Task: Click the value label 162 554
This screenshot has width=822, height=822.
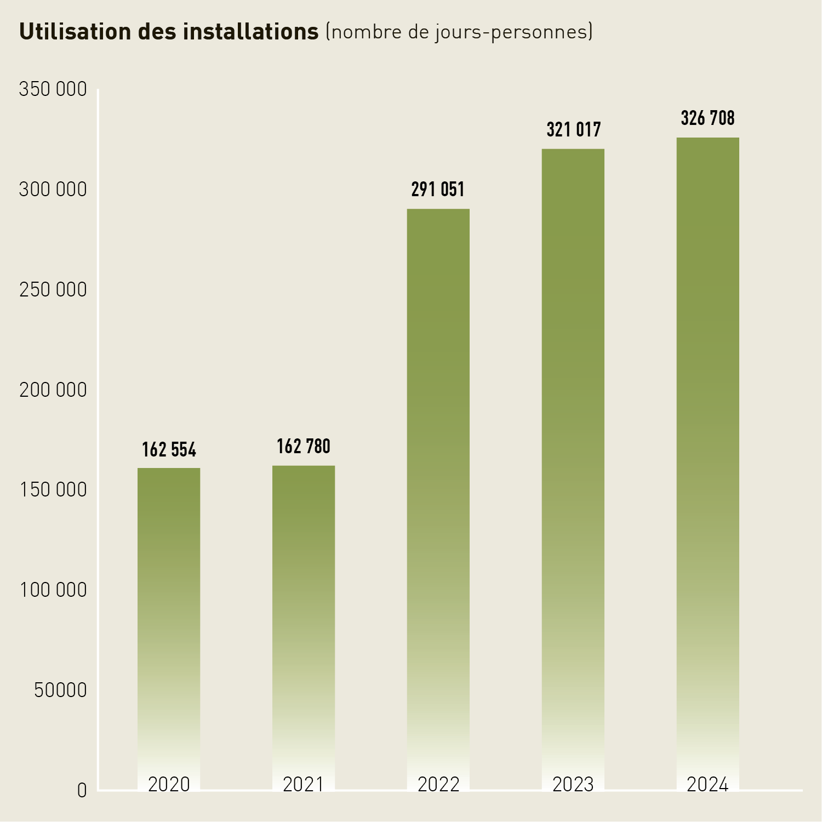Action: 169,450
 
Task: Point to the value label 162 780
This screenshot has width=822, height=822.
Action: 304,447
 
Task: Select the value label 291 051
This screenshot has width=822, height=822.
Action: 438,190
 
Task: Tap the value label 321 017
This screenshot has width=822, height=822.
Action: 574,130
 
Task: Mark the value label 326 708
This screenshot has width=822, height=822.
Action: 708,118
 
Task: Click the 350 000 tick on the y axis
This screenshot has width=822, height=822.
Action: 53,89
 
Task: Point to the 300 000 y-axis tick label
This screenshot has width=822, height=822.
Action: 53,190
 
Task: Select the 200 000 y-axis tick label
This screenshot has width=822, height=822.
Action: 53,390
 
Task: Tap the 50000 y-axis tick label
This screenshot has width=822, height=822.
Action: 60,690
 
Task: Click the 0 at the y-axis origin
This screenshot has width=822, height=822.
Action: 82,791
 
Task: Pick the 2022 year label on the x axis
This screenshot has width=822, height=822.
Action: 438,785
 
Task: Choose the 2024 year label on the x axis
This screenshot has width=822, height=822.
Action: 708,785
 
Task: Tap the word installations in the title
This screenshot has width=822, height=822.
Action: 250,32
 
